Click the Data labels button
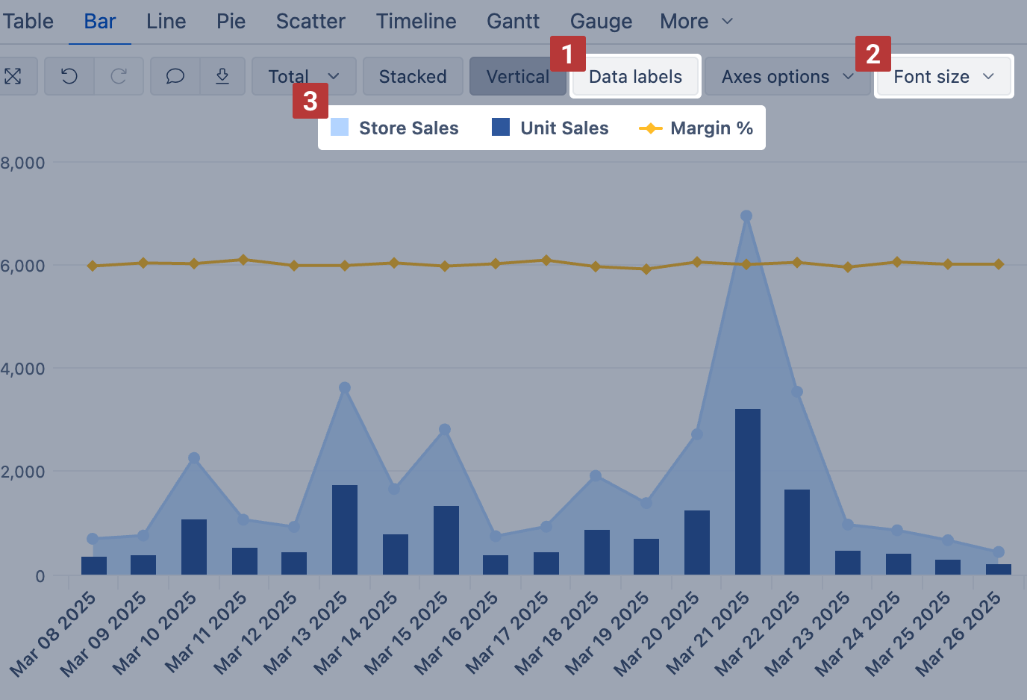pos(635,77)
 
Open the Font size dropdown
pos(943,77)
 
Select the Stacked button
pos(413,77)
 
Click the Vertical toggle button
pos(517,77)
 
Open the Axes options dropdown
pos(787,77)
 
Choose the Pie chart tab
pos(231,21)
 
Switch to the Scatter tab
pos(310,21)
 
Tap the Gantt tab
pos(513,21)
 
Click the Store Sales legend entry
pos(395,128)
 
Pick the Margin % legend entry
pos(696,128)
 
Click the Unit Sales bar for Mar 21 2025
pos(747,493)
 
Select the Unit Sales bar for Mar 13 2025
pos(344,530)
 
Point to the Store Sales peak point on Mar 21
pos(746,216)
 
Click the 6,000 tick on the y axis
pos(22,266)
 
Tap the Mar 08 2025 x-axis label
pos(54,634)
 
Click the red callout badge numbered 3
pos(310,101)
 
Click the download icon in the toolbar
pos(222,76)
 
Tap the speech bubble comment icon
pos(175,76)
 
